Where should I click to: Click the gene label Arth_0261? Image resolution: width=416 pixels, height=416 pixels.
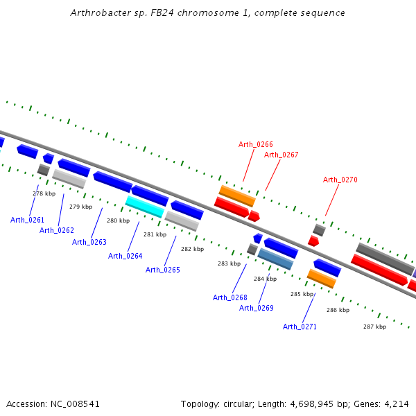[27, 220]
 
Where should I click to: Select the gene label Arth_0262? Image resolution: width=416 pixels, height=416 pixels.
[56, 230]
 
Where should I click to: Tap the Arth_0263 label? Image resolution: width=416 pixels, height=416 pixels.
[89, 242]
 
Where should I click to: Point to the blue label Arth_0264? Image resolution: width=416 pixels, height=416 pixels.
[125, 256]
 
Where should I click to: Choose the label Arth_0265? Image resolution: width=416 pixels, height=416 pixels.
[162, 270]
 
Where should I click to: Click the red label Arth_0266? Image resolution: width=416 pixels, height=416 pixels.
[256, 144]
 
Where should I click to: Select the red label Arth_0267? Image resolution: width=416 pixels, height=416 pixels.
[281, 155]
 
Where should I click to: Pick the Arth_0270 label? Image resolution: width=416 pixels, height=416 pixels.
[340, 180]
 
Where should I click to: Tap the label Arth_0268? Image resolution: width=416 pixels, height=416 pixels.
[229, 297]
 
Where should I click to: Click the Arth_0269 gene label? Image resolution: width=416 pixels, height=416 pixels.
[257, 308]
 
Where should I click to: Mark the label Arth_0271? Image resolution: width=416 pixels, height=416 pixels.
[300, 327]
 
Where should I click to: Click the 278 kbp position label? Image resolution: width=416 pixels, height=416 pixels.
[44, 193]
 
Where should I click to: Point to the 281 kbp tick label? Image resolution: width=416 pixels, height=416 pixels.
[155, 234]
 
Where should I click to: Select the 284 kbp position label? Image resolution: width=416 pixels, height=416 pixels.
[265, 279]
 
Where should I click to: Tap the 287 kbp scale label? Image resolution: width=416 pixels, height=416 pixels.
[374, 326]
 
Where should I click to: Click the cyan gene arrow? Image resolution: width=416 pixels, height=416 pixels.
[144, 206]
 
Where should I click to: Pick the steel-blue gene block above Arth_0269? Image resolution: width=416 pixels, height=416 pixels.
[275, 259]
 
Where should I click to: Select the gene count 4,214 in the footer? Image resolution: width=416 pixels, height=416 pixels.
[397, 404]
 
